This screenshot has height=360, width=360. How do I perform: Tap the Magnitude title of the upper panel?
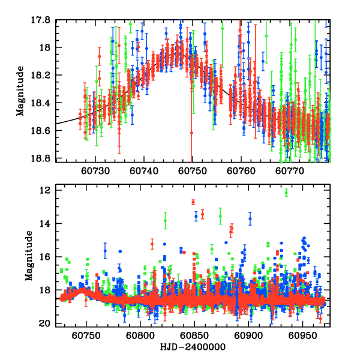pos(20,90)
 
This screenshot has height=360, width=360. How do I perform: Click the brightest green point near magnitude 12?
pos(286,193)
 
